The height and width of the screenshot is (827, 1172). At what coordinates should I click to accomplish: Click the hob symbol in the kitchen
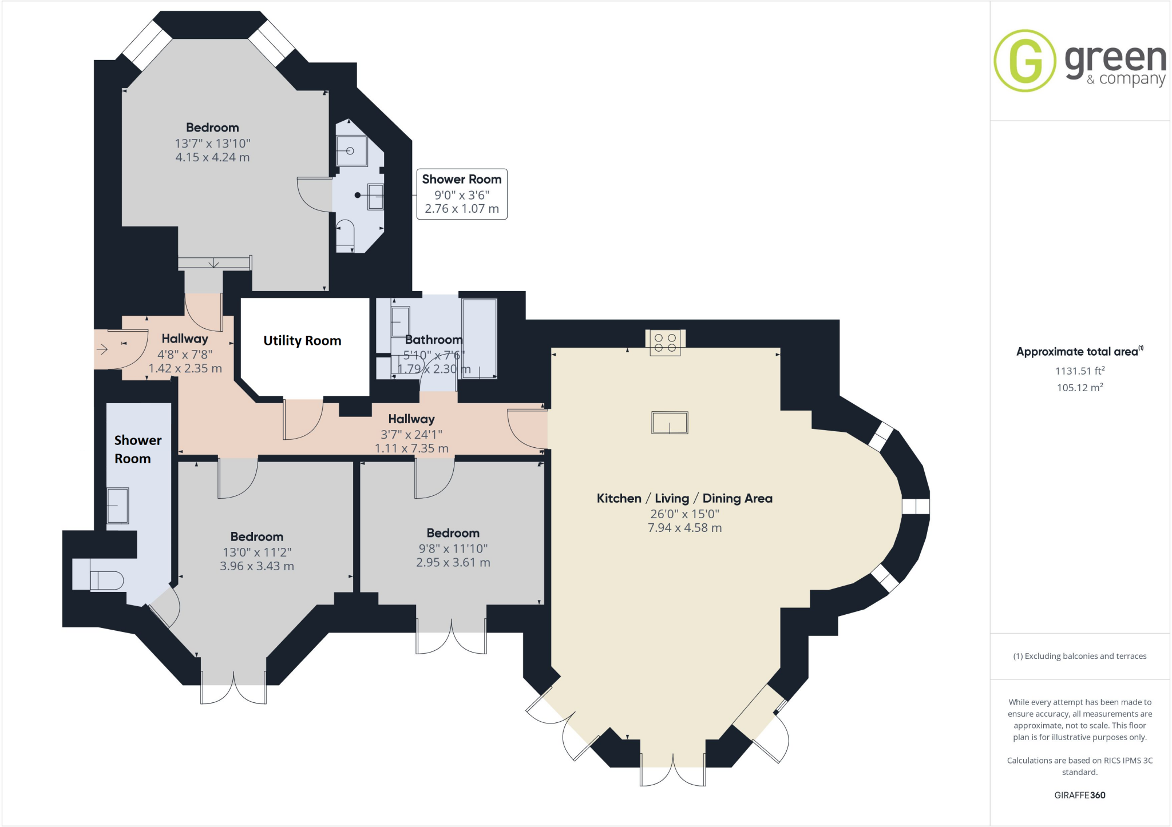tap(665, 343)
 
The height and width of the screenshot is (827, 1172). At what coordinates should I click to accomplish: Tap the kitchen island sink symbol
tap(670, 423)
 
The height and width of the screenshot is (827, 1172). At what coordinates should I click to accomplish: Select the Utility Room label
tap(302, 341)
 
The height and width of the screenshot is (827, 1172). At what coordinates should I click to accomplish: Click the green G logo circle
tap(1024, 61)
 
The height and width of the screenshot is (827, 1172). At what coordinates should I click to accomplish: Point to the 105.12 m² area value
tap(1079, 388)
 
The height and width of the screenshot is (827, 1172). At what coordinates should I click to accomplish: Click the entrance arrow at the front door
tap(102, 349)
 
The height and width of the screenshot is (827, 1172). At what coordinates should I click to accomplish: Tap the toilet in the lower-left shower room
tap(106, 581)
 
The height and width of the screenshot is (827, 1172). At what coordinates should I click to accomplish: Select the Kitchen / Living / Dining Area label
tap(684, 499)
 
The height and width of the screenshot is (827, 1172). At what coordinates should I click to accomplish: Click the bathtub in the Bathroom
tap(479, 338)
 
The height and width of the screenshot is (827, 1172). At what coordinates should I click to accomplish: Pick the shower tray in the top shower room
tap(351, 151)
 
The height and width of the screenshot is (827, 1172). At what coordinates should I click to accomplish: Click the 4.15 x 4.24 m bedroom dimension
tap(212, 157)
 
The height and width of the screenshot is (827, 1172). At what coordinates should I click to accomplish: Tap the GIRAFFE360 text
tap(1079, 795)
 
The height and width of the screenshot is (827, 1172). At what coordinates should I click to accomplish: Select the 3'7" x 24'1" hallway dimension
tap(411, 435)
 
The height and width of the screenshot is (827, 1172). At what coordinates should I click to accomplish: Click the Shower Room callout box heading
tap(461, 180)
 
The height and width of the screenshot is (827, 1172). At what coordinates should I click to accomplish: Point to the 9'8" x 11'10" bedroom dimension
tap(453, 549)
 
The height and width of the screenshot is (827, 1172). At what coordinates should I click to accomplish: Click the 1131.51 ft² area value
tap(1079, 371)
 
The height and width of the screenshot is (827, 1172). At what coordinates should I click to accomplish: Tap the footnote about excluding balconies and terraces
tap(1079, 657)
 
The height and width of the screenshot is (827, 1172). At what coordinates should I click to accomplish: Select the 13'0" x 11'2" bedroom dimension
tap(257, 552)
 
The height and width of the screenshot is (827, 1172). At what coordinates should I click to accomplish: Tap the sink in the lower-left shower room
tap(118, 505)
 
